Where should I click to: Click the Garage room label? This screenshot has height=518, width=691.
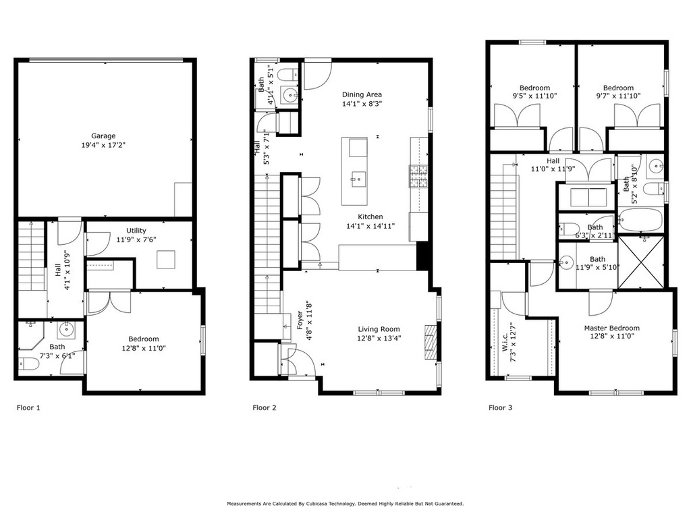click(103, 136)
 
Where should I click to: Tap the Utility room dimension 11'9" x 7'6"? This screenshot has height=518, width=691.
click(136, 239)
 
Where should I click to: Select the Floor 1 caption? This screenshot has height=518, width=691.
click(28, 407)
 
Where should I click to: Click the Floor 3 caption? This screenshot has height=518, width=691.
click(501, 407)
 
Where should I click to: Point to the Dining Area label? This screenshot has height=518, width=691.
click(362, 94)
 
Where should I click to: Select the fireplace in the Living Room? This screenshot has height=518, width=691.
click(430, 340)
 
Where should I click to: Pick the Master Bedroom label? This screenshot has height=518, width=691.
click(611, 328)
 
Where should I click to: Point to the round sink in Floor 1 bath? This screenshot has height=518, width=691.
click(65, 330)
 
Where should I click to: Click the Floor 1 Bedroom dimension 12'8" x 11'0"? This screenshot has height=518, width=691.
click(143, 348)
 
